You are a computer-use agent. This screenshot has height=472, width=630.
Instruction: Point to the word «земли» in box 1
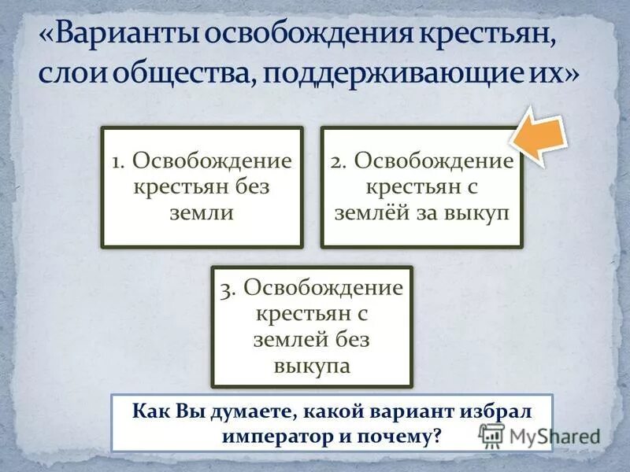coord(202,213)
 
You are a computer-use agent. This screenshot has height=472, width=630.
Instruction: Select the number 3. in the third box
coord(230,289)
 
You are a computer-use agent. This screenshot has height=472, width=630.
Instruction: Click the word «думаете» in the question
coord(233,411)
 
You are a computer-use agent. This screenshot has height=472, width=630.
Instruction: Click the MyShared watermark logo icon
coord(491,435)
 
